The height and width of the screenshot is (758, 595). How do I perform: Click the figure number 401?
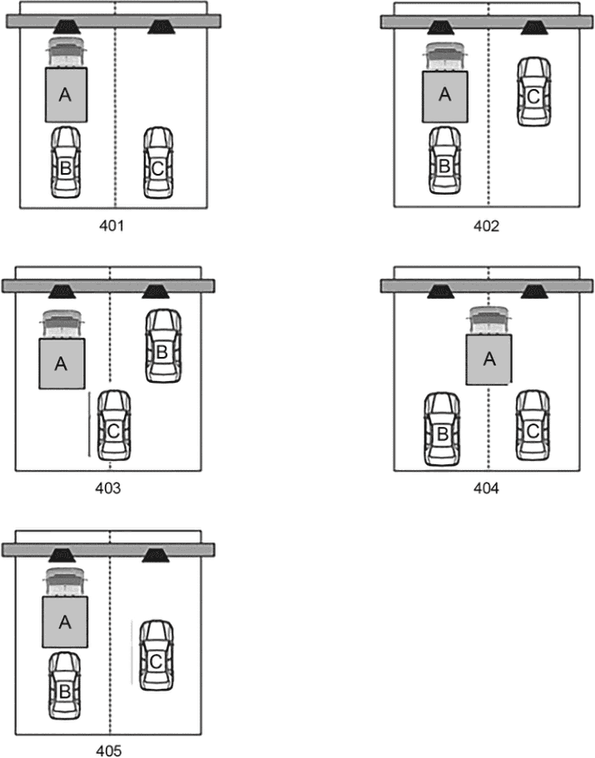(112, 225)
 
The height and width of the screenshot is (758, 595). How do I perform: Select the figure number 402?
(486, 225)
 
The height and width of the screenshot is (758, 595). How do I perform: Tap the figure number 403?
(108, 488)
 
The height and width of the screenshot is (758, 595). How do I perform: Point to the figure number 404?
(486, 488)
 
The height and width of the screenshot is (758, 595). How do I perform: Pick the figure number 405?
(109, 751)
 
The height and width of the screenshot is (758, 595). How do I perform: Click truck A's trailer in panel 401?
(67, 95)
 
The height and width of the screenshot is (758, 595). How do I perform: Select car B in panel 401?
(66, 162)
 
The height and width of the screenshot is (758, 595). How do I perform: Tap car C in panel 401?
(158, 162)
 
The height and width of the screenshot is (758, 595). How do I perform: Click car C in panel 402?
(533, 92)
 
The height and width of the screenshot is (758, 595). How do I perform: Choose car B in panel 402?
(444, 161)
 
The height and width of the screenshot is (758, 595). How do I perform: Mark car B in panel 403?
(163, 346)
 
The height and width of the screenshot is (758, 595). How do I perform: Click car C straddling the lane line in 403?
(114, 425)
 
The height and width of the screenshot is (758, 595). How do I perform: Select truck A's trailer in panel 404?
(488, 359)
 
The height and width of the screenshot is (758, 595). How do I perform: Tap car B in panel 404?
(442, 429)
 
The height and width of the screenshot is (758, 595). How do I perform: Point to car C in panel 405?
(156, 656)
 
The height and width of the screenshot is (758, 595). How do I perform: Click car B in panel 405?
(65, 686)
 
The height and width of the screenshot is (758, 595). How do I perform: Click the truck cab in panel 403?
(62, 324)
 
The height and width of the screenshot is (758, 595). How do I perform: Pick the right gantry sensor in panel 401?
(161, 27)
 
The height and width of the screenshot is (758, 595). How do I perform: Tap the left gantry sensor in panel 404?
(440, 291)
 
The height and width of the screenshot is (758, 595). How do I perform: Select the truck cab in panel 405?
(65, 582)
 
